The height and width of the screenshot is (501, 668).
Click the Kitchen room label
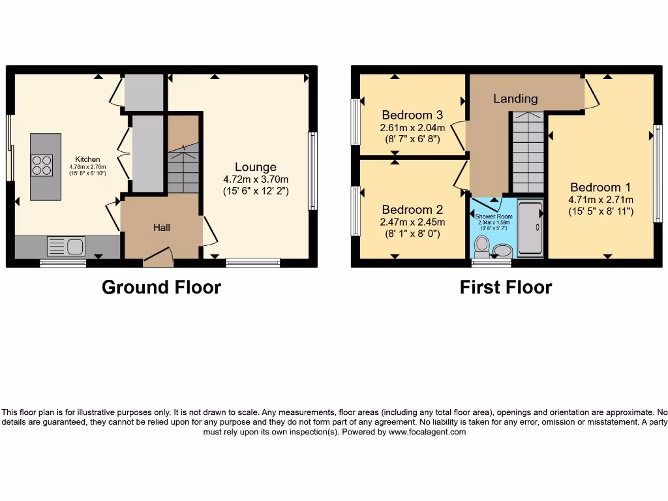(x=87, y=159)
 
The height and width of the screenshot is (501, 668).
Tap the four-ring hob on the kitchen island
(x=42, y=165)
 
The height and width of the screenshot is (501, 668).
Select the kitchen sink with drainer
(x=66, y=246)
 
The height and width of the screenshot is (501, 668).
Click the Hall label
(x=162, y=227)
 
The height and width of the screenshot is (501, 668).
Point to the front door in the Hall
(x=157, y=258)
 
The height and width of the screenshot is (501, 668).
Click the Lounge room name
(x=256, y=167)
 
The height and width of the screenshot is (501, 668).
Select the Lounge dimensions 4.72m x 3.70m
(x=256, y=179)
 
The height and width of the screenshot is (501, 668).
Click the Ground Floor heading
(x=161, y=287)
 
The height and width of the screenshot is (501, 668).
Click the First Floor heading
(x=506, y=287)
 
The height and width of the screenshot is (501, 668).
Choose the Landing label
(x=515, y=99)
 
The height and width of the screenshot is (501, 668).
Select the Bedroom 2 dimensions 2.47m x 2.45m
(x=413, y=222)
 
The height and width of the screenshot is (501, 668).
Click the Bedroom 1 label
(x=600, y=187)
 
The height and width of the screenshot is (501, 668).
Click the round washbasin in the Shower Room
(x=503, y=250)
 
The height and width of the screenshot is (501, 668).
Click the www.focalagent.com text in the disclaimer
(x=427, y=432)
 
